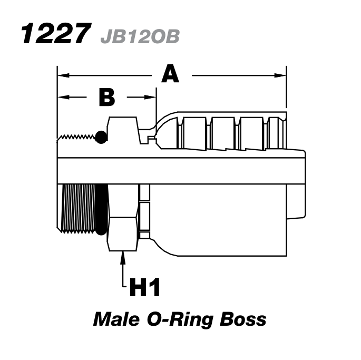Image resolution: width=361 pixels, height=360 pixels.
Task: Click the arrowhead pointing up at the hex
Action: point(123,258)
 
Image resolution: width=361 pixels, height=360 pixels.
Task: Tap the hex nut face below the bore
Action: point(123,216)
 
